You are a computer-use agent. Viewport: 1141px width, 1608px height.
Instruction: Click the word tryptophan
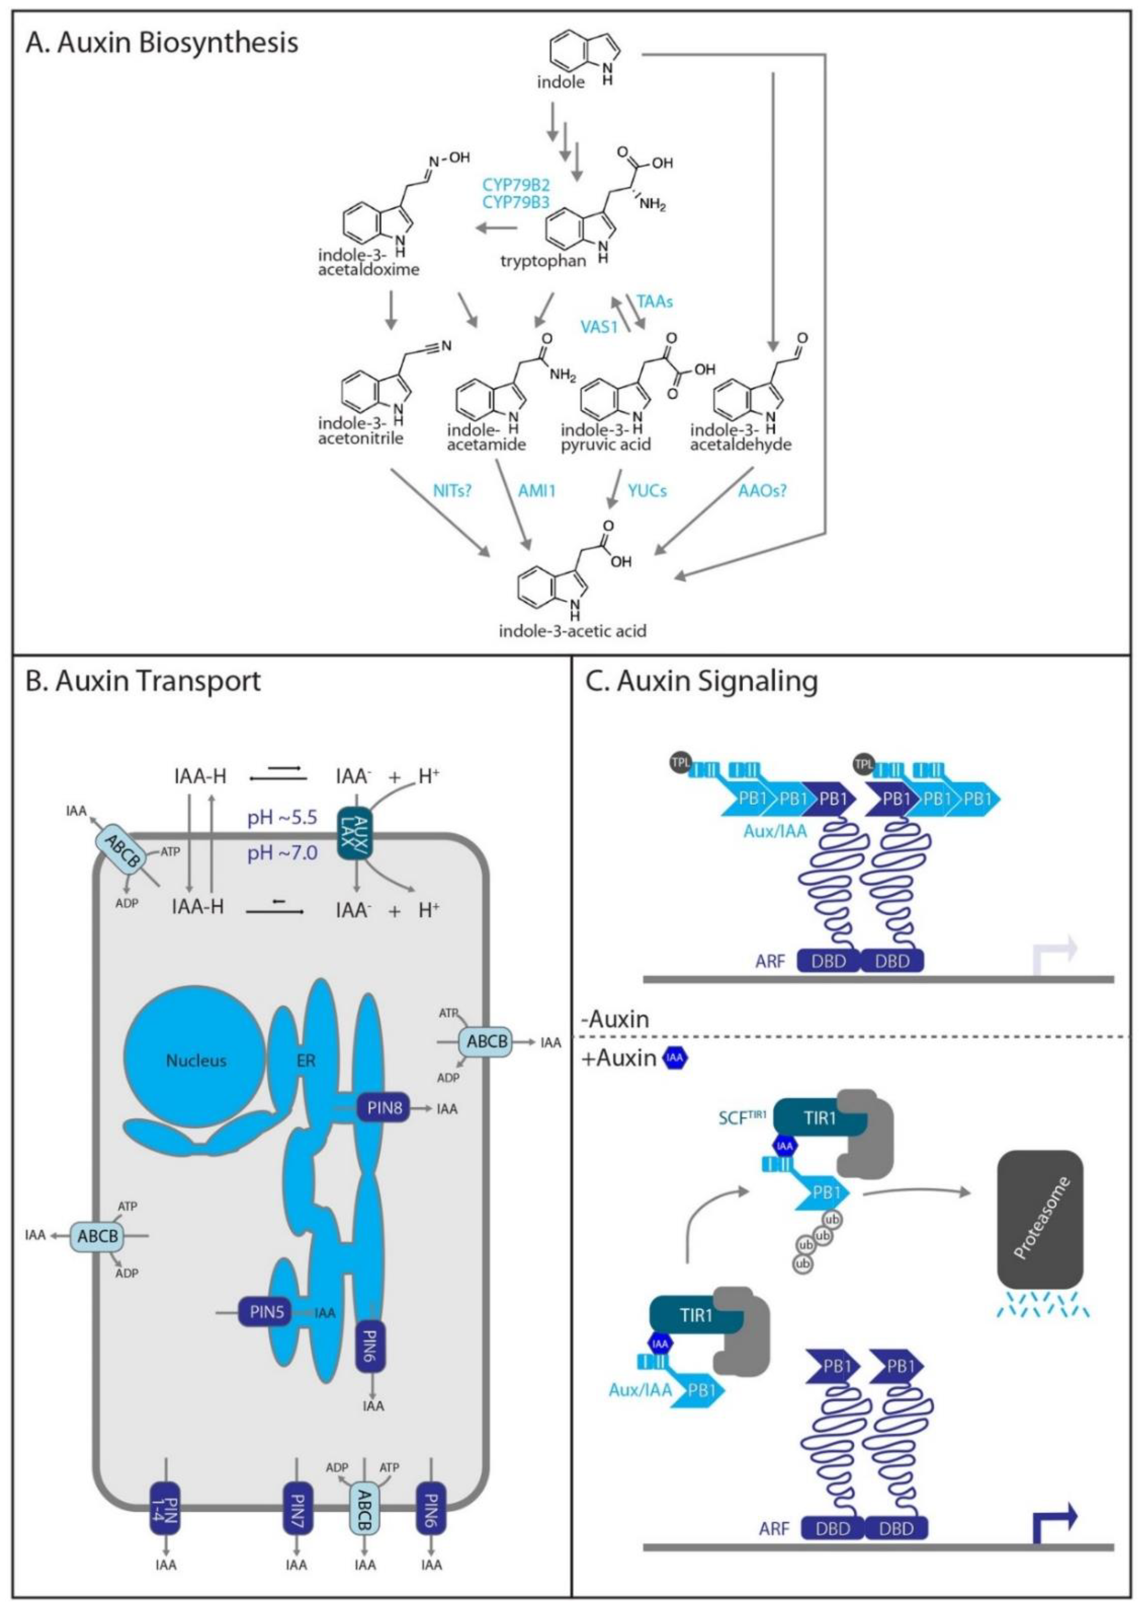click(x=542, y=261)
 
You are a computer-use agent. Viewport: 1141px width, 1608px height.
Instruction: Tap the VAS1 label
click(x=599, y=327)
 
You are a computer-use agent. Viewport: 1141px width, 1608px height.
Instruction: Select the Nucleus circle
click(x=196, y=1060)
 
